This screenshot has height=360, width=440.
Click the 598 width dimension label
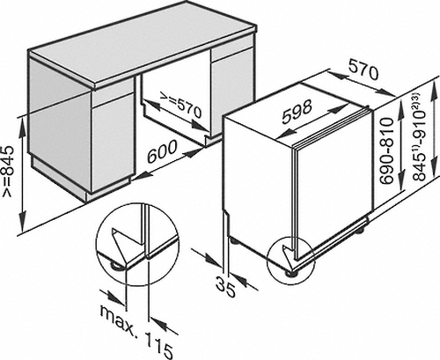coord(297,112)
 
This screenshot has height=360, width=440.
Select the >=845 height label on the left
coord(8,171)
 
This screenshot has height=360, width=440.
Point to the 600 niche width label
coord(162,151)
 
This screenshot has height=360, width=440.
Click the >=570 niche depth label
coord(180,105)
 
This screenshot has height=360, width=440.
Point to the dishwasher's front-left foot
coord(290,274)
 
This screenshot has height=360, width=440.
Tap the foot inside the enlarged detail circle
coord(115,266)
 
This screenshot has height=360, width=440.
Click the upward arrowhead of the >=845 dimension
coord(22,126)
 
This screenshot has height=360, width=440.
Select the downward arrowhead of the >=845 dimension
coord(22,223)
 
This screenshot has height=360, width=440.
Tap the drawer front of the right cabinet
coord(232,54)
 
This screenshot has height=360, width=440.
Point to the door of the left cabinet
coord(114,143)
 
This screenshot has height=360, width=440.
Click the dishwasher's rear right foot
coord(359,231)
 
